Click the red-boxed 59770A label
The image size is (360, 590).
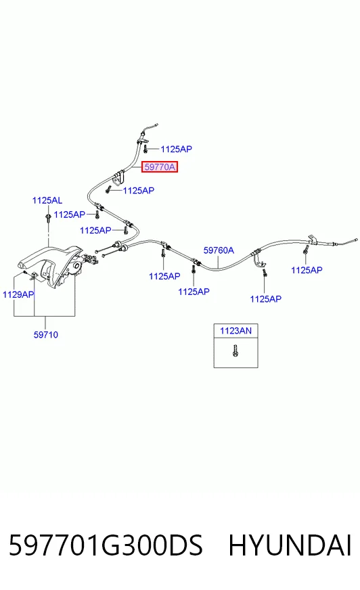(160, 166)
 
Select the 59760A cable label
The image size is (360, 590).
(219, 250)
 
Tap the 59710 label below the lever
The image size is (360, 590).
(46, 334)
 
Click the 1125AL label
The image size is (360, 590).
(47, 200)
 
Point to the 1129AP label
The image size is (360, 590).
(18, 294)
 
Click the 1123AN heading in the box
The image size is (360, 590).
(236, 331)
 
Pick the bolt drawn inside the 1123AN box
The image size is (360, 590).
(235, 350)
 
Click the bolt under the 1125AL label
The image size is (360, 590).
(48, 219)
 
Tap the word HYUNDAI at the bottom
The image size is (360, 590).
(290, 545)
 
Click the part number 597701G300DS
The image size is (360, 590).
(106, 545)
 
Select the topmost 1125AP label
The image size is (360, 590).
(177, 149)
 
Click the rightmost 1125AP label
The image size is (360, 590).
(307, 270)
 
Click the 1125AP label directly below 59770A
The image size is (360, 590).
(139, 190)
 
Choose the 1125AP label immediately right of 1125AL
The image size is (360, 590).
(70, 214)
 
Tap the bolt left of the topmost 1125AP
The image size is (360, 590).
(145, 149)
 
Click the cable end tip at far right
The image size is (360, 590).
(356, 240)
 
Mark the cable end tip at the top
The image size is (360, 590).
(156, 124)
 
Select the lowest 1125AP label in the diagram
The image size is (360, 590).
(265, 299)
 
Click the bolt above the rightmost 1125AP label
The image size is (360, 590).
(306, 250)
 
